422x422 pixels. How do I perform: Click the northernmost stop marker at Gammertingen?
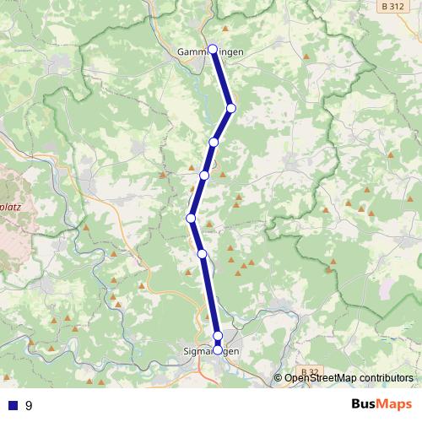(x=213, y=49)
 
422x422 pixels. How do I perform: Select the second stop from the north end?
(x=230, y=107)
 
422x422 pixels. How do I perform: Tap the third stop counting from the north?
(x=214, y=142)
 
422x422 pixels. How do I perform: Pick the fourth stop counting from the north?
(x=204, y=175)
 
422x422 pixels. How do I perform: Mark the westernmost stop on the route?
(x=191, y=219)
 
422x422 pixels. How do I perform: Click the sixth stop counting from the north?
(x=202, y=253)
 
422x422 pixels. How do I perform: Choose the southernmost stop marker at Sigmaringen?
(x=218, y=349)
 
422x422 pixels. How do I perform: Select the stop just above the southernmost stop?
(x=218, y=336)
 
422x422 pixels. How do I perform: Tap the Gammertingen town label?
(x=211, y=52)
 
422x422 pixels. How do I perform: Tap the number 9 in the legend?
(x=30, y=405)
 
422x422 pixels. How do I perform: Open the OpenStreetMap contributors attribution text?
(x=349, y=377)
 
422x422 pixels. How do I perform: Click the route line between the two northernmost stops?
(x=221, y=78)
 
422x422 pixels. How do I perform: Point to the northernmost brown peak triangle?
(x=306, y=57)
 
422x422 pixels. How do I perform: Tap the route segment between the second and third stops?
(x=222, y=125)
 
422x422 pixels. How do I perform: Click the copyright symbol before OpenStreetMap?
(x=279, y=377)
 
